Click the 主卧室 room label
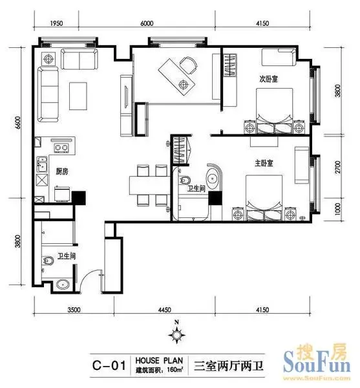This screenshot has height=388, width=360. pyautogui.click(x=264, y=163)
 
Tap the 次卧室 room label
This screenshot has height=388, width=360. pyautogui.click(x=268, y=79)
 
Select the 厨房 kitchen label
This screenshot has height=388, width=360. pyautogui.click(x=62, y=171)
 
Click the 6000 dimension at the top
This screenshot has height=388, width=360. pyautogui.click(x=147, y=23)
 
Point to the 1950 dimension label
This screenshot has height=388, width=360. pyautogui.click(x=57, y=23)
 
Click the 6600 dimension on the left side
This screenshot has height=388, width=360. pyautogui.click(x=18, y=122)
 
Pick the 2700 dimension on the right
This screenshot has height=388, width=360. pyautogui.click(x=337, y=167)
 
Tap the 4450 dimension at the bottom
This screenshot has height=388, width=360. pyautogui.click(x=164, y=310)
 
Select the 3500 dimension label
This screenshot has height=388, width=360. pyautogui.click(x=74, y=310)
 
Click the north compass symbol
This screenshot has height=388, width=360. pyautogui.click(x=176, y=333)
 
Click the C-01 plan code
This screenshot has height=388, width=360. pyautogui.click(x=109, y=365)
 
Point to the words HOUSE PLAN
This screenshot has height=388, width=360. pyautogui.click(x=159, y=360)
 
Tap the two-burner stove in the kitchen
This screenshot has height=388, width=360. pyautogui.click(x=61, y=148)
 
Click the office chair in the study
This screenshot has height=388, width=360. pyautogui.click(x=189, y=65)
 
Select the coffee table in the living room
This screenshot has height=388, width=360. pyautogui.click(x=78, y=96)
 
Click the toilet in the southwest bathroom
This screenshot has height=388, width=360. pyautogui.click(x=48, y=261)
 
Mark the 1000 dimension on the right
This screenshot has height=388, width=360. pyautogui.click(x=337, y=210)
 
